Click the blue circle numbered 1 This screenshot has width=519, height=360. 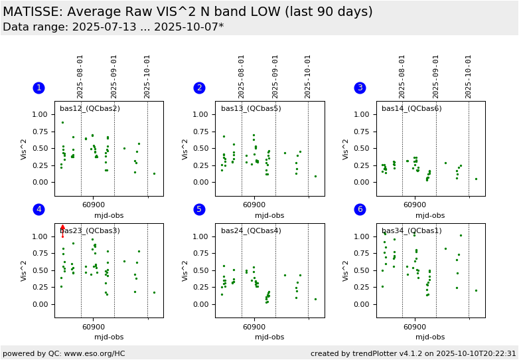38,88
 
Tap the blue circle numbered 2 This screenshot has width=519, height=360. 199,88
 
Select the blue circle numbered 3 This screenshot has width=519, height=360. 360,88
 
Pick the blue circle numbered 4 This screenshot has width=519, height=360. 38,209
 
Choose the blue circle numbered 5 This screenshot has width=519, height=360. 199,209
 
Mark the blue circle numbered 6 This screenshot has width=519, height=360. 360,209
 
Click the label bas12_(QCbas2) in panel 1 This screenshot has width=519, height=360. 90,109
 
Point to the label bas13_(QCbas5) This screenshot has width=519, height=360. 251,109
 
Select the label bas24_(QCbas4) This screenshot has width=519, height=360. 251,231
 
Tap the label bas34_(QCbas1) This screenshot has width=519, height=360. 411,231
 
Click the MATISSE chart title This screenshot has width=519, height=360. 188,12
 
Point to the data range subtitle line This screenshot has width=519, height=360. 113,27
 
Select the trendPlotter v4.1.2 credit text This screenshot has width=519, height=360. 413,353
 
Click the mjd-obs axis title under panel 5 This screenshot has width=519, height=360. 269,337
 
